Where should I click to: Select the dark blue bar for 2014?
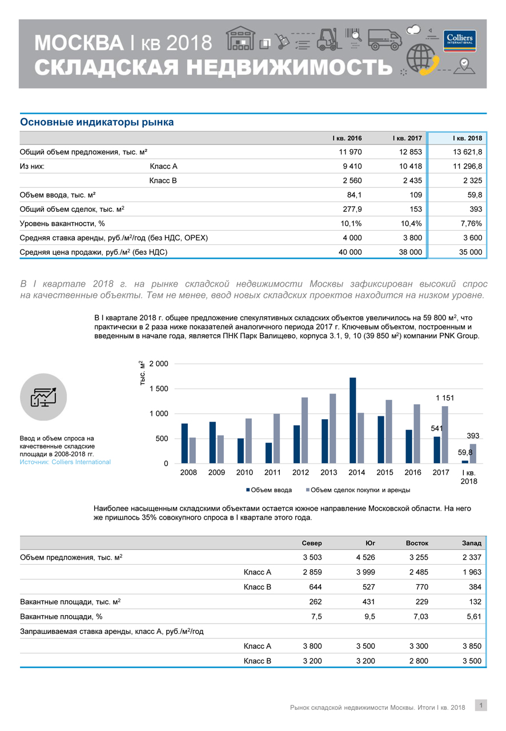point(352,420)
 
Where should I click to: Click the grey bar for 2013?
point(332,428)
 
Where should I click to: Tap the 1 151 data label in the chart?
point(444,397)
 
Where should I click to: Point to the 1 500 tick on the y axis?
point(158,389)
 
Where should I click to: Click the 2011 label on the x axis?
point(272,473)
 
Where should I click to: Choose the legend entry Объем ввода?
point(269,490)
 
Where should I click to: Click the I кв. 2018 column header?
point(467,138)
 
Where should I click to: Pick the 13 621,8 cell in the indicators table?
point(467,152)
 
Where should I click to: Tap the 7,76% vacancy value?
point(470,223)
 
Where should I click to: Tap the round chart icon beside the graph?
point(43,397)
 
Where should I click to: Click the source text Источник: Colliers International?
point(65,462)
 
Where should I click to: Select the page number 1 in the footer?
point(481,706)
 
